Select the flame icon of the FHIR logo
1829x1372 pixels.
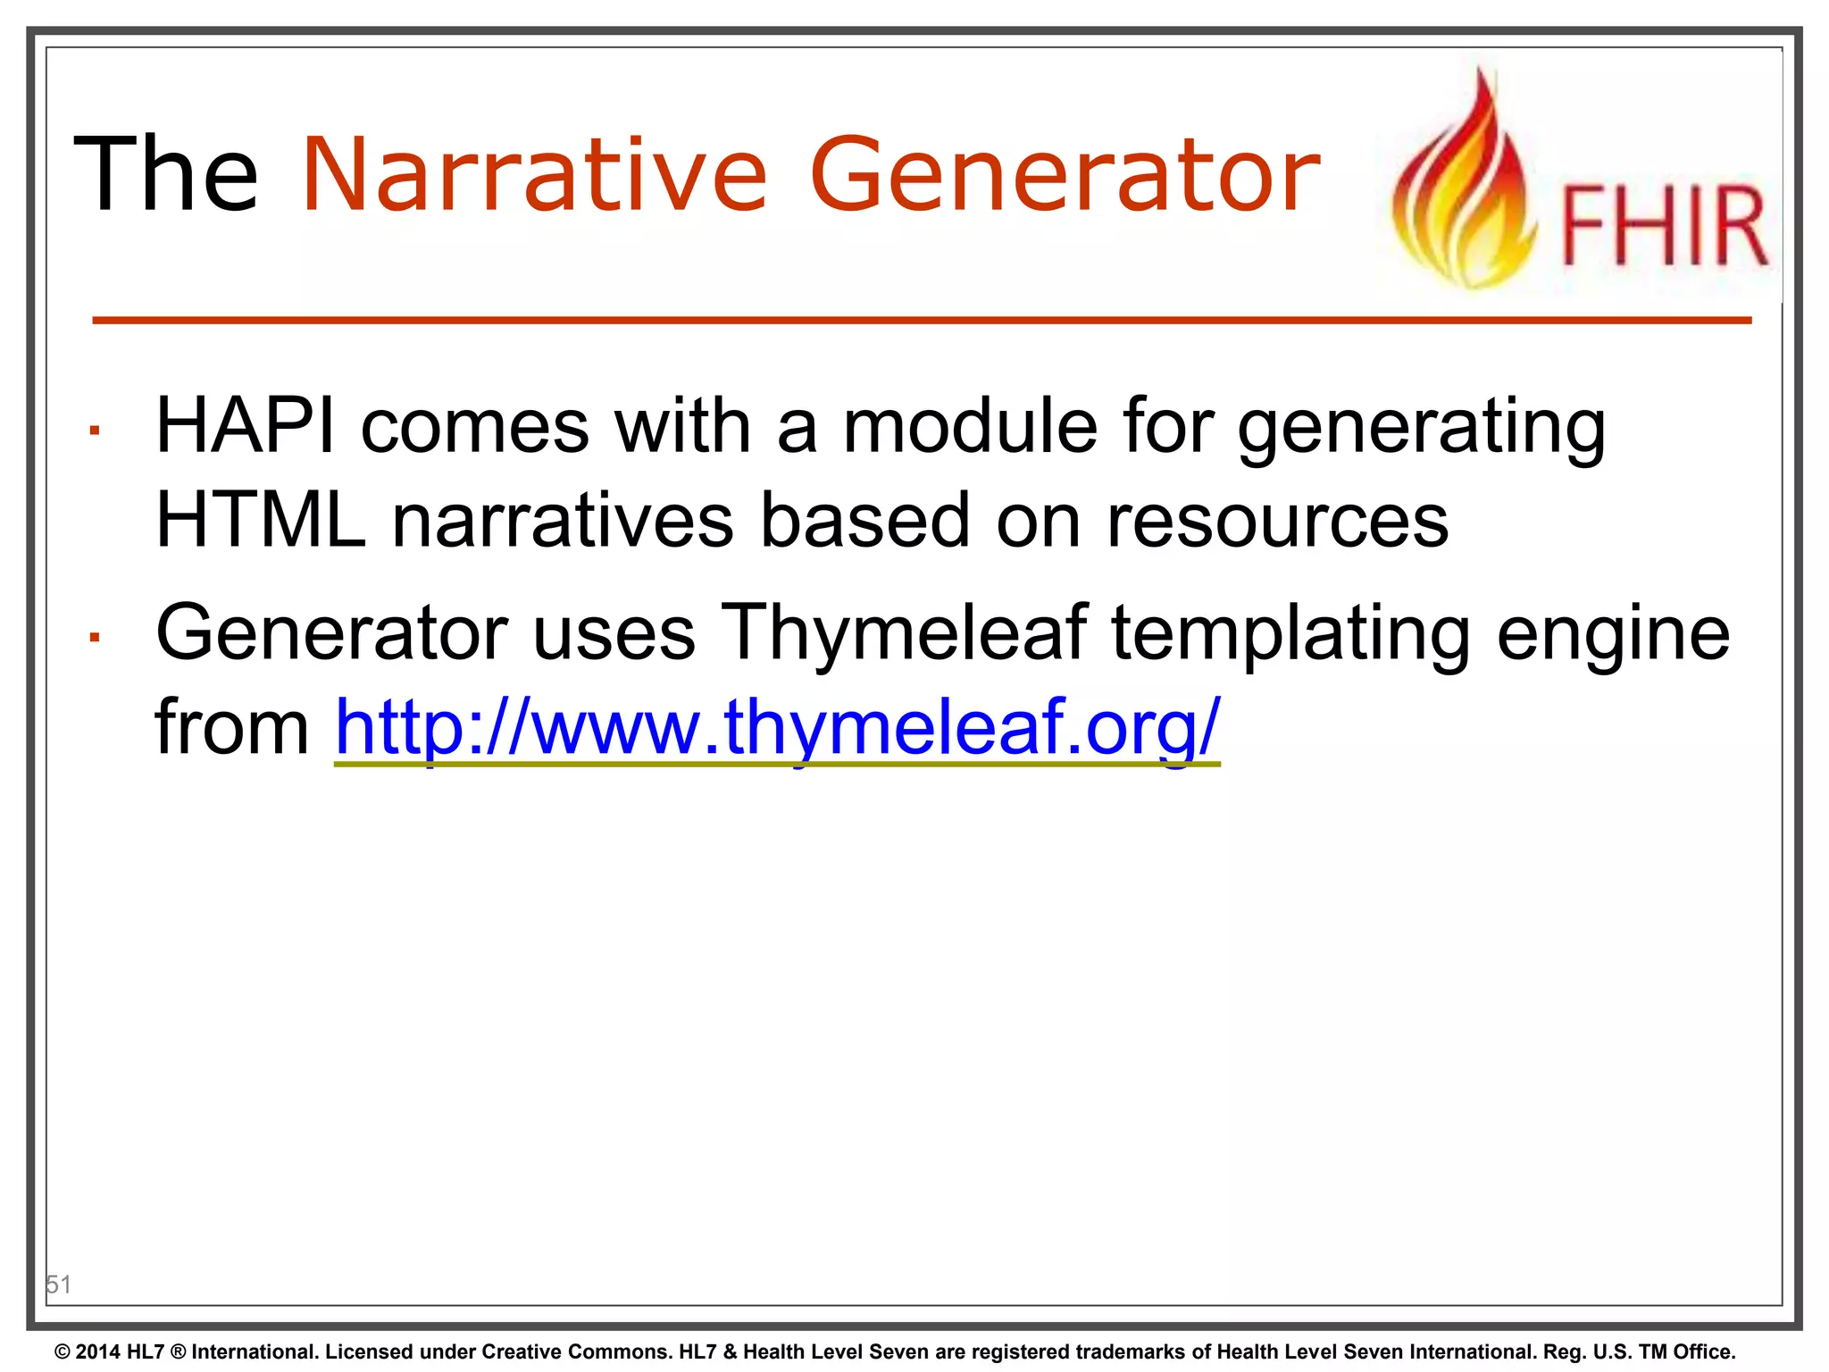(1465, 183)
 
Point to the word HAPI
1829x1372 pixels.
(246, 426)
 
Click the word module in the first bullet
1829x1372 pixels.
(970, 426)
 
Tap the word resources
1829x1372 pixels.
(1277, 522)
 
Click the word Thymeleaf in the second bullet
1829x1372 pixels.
(904, 632)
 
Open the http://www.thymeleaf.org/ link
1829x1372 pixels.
(777, 728)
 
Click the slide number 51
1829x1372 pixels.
(58, 1284)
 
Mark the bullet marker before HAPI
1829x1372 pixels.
(94, 431)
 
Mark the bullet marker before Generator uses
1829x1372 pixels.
(94, 638)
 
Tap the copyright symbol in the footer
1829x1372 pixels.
(63, 1352)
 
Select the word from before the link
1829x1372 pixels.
(231, 728)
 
